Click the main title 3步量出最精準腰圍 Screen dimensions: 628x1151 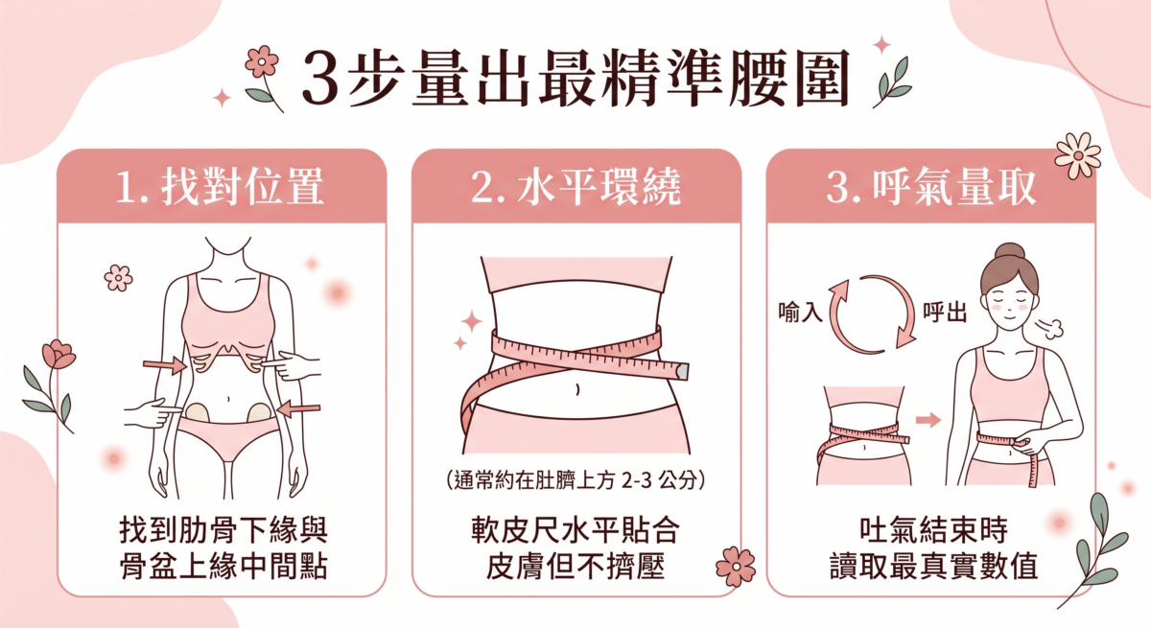[x=575, y=78]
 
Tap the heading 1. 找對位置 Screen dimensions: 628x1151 [x=220, y=188]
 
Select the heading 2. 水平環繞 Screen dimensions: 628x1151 [x=575, y=188]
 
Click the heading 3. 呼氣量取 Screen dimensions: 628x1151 [x=931, y=188]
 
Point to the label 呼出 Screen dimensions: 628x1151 [x=944, y=313]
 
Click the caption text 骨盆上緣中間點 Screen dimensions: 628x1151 [x=222, y=566]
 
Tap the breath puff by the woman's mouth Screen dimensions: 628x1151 [x=1051, y=328]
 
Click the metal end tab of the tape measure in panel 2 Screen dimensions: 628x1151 [x=682, y=369]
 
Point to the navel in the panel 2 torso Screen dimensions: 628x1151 [x=575, y=388]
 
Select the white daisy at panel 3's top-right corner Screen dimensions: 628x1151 [x=1077, y=154]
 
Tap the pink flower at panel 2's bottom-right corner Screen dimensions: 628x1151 [x=736, y=566]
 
